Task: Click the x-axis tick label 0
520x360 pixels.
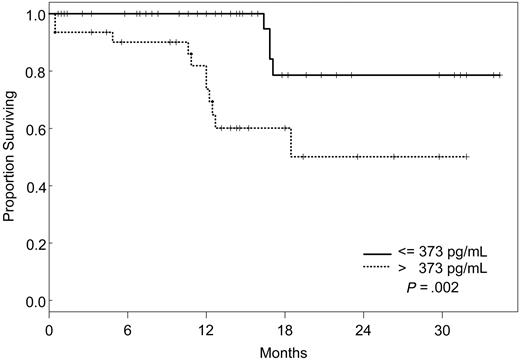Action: [50, 327]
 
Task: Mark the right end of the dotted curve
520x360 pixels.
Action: [467, 157]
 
